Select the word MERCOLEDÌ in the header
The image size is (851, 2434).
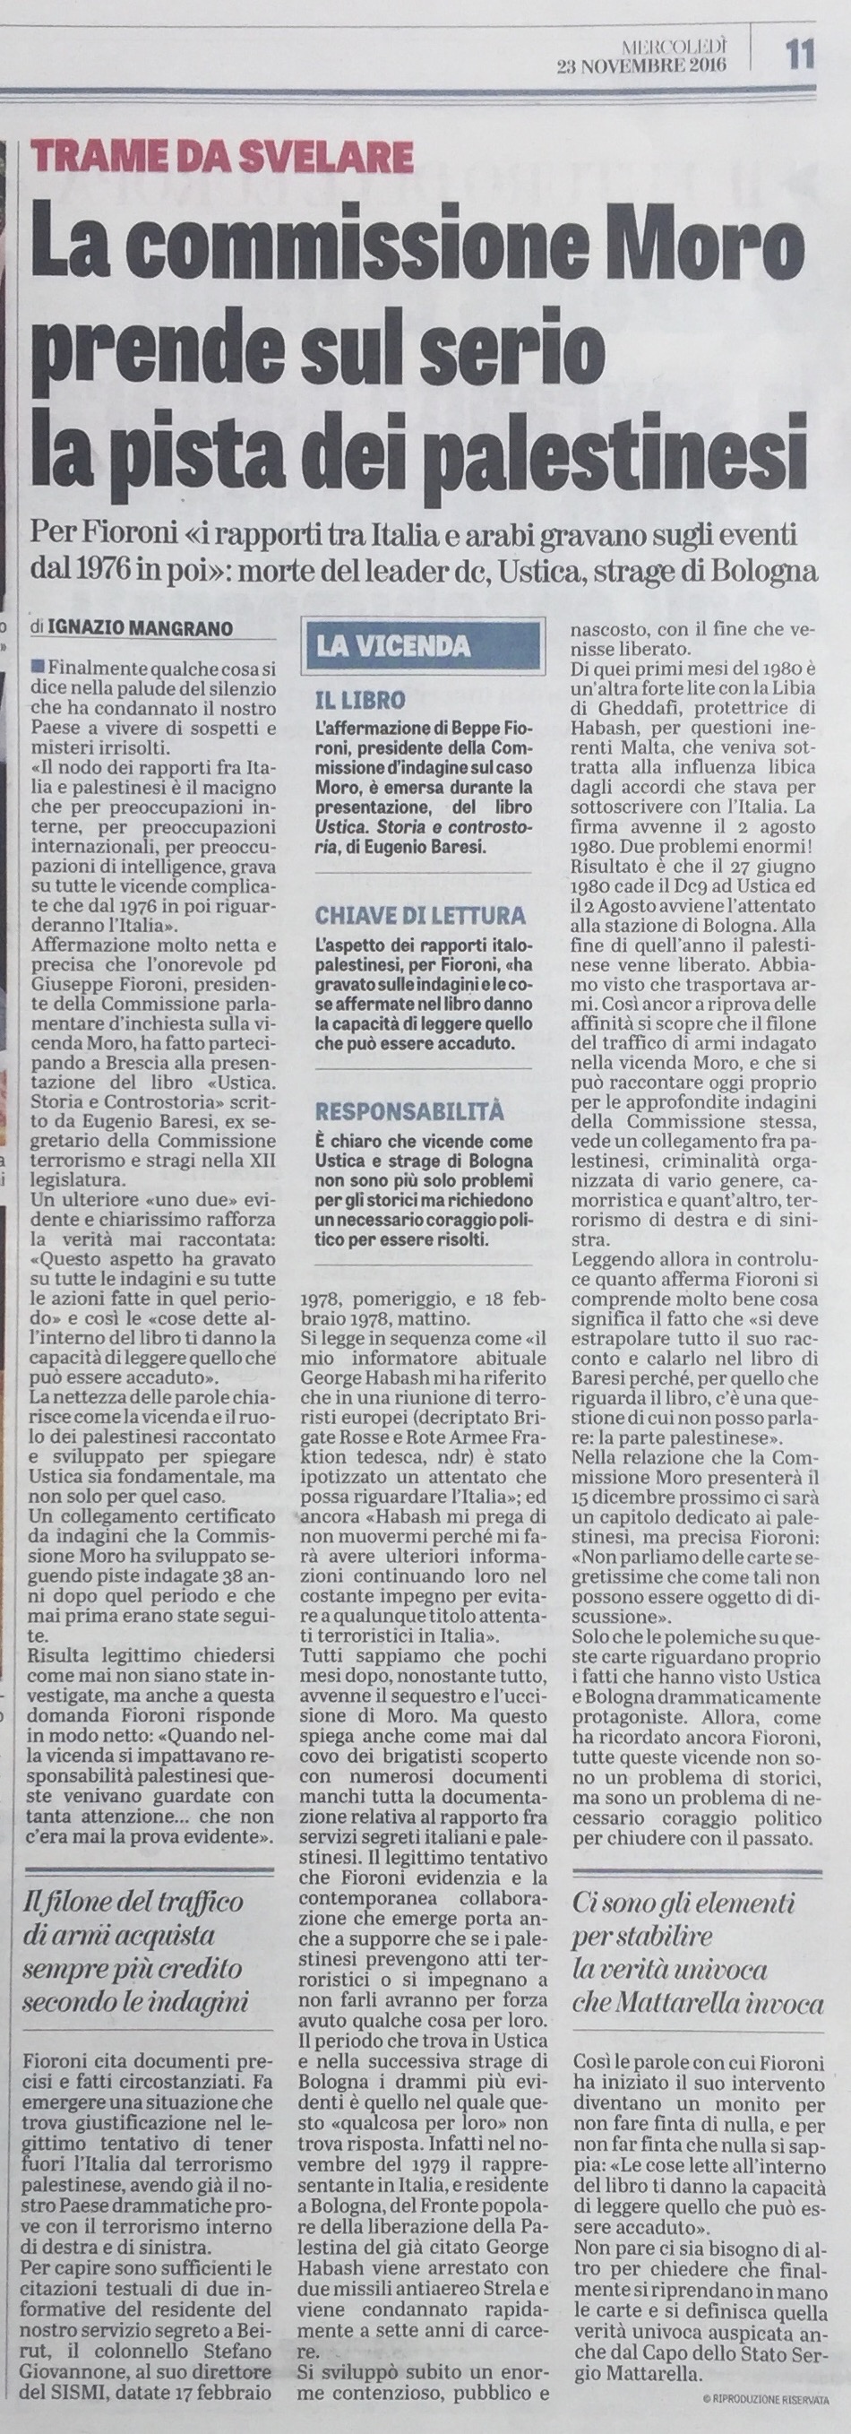[x=673, y=46]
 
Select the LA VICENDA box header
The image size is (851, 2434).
[x=394, y=646]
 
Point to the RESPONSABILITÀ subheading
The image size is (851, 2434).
[x=411, y=1109]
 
